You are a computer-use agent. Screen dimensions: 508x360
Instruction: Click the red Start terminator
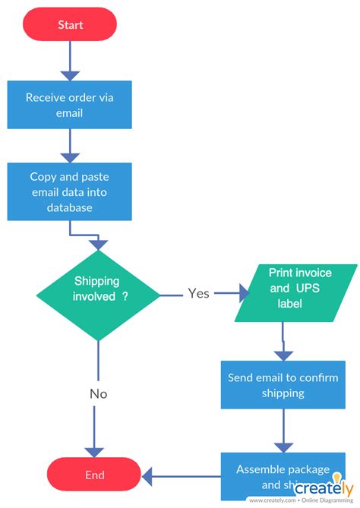pos(70,24)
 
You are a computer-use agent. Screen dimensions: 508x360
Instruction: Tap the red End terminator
pos(94,475)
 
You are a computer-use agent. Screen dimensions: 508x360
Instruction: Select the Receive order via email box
pos(70,105)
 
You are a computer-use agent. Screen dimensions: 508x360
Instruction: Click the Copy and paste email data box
pos(70,191)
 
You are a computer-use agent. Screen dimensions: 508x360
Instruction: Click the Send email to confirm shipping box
pos(283,385)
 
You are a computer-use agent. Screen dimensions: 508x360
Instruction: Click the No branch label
pos(98,393)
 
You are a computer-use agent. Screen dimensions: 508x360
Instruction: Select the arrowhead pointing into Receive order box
pos(70,74)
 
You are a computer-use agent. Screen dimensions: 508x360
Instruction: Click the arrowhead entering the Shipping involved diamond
pos(98,244)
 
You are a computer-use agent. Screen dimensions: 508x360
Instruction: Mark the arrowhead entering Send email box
pos(283,355)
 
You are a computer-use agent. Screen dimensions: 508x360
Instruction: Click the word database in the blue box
pos(70,207)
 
